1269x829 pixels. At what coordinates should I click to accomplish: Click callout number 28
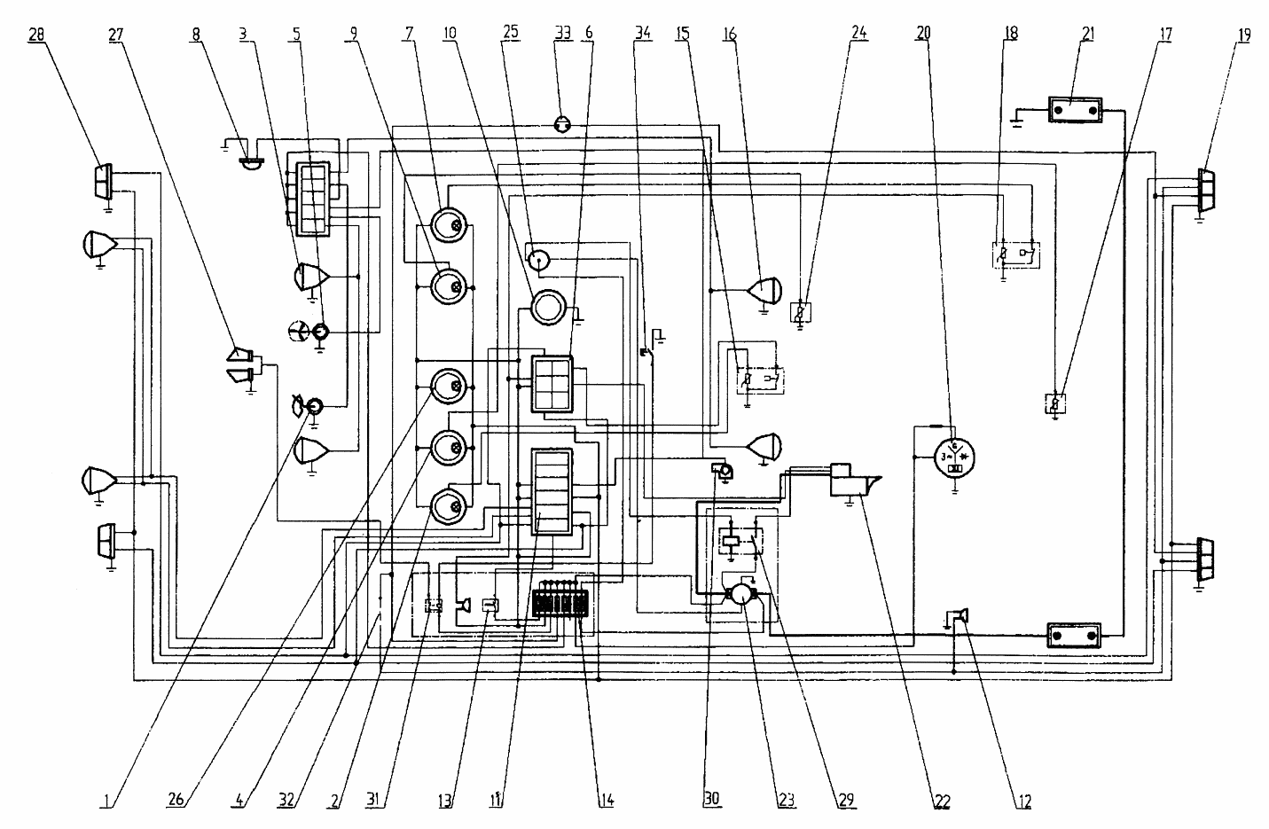pos(36,34)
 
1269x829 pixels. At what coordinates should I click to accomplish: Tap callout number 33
pos(562,33)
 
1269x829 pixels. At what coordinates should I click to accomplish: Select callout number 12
pos(1025,802)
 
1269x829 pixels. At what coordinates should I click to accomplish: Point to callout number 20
pos(923,34)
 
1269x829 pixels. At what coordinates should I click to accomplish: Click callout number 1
pos(106,801)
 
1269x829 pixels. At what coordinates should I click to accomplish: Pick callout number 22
pos(942,802)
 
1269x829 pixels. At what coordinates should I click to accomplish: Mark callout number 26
pos(176,799)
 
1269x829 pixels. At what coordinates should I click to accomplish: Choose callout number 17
pos(1165,34)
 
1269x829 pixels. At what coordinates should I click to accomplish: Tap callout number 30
pos(711,799)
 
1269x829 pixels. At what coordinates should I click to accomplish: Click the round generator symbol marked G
pos(954,458)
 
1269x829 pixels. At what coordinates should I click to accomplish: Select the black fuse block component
pos(560,604)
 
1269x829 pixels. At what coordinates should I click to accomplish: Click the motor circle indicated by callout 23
pos(741,595)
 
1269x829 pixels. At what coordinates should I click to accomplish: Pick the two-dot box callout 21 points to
pos(1076,110)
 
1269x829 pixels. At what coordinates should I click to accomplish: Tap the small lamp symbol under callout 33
pos(562,124)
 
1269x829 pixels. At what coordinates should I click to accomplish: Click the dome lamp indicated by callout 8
pos(252,162)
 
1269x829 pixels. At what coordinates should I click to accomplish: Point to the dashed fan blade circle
pos(298,332)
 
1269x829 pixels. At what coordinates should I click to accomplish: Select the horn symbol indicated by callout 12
pos(960,616)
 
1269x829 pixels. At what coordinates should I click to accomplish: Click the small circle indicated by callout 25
pos(538,261)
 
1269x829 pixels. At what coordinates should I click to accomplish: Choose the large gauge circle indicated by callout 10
pos(548,308)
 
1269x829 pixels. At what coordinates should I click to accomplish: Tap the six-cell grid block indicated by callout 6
pos(552,385)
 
